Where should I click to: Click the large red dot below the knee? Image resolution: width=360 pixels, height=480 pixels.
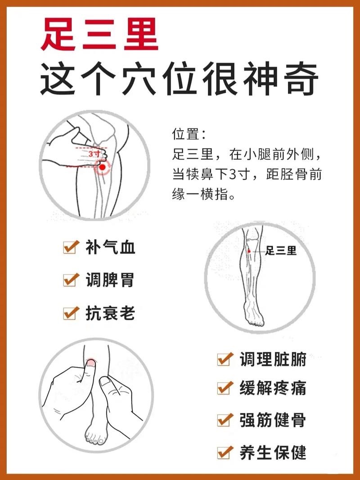coord(102,168)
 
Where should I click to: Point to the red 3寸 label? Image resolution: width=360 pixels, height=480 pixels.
coord(94,153)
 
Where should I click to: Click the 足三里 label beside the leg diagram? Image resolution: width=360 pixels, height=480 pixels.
coord(281,251)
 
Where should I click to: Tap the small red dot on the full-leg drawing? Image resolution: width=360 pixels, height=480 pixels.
coord(249,250)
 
